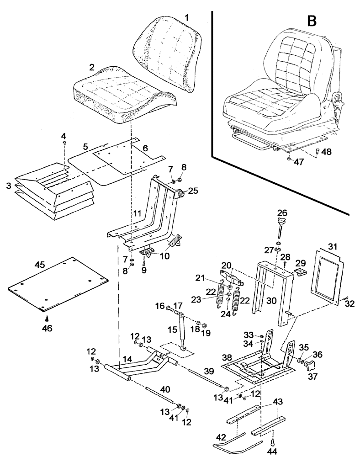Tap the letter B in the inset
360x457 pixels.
(x=312, y=21)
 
